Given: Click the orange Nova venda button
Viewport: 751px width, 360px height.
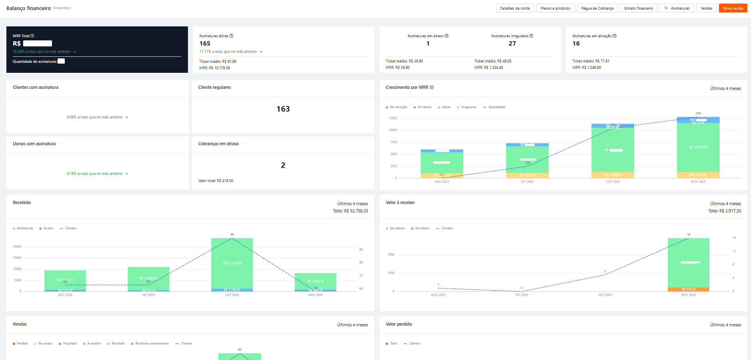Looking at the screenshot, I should (x=733, y=8).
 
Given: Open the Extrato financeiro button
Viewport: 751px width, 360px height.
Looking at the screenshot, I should (x=638, y=8).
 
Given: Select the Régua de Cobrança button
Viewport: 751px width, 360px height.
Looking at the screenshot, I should (x=597, y=8).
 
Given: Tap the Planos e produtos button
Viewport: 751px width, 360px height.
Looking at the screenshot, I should (x=555, y=8).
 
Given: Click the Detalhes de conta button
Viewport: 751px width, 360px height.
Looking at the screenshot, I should (x=515, y=8).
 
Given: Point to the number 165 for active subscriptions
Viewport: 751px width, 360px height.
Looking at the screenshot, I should (x=205, y=44).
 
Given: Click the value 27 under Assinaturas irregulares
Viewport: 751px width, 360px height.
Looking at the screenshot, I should (x=512, y=44).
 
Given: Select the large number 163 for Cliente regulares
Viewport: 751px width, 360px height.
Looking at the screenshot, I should (x=283, y=109).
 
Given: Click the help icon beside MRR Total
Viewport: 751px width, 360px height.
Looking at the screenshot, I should (x=32, y=36).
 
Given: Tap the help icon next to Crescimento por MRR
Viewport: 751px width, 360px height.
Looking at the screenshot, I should (x=432, y=88).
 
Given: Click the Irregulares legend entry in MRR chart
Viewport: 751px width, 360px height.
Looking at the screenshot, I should (x=468, y=107).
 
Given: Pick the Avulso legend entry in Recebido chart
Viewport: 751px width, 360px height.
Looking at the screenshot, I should (x=48, y=228).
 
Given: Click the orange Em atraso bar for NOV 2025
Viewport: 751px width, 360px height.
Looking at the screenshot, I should (x=688, y=289).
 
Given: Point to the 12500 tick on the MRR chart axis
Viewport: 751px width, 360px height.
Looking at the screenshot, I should (x=393, y=118).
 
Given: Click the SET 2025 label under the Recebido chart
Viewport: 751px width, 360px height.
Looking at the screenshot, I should (x=148, y=295).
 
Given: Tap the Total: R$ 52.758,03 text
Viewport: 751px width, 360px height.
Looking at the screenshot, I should (x=350, y=211).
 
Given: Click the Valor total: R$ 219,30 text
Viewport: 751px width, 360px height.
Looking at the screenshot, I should (x=216, y=181).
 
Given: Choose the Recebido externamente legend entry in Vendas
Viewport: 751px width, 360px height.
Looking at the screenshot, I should (x=152, y=344).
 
